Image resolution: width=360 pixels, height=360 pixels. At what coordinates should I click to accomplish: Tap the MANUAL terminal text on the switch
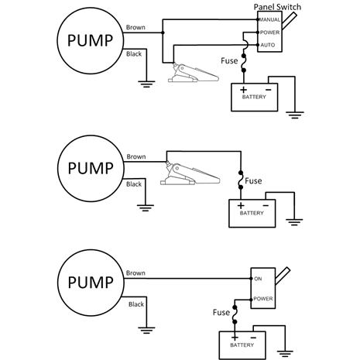pyautogui.click(x=268, y=19)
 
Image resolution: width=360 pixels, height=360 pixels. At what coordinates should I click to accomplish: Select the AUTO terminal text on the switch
pyautogui.click(x=267, y=46)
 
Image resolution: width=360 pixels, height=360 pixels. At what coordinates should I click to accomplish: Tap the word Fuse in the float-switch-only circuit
pyautogui.click(x=254, y=182)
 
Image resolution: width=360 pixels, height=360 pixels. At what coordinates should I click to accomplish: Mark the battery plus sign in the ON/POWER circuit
pyautogui.click(x=231, y=337)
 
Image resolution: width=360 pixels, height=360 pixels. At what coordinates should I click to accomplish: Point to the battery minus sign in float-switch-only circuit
pyautogui.click(x=266, y=205)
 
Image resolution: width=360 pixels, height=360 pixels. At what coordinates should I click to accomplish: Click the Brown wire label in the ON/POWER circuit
pyautogui.click(x=135, y=273)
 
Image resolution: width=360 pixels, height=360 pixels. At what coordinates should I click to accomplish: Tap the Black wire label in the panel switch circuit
pyautogui.click(x=134, y=53)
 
